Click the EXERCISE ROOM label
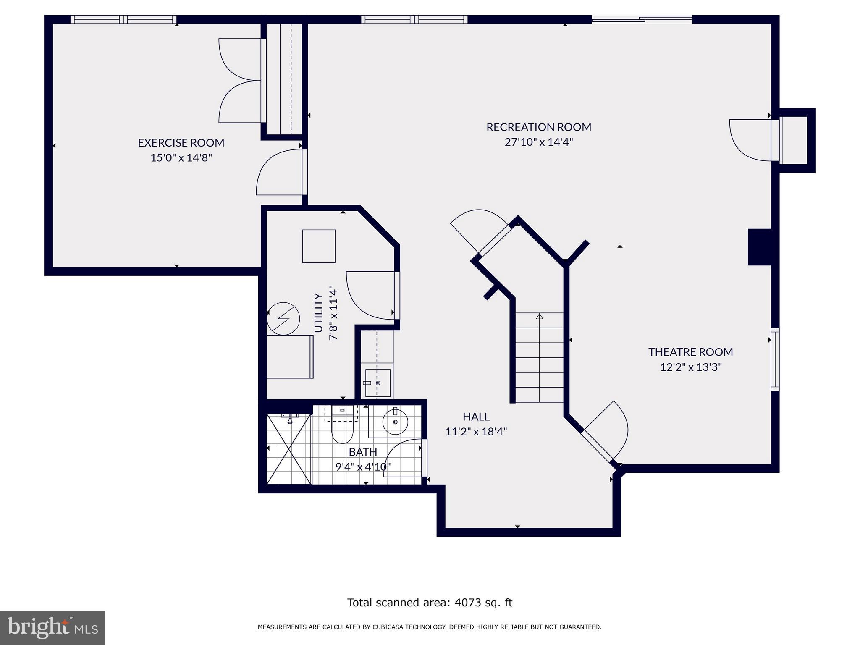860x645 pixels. click(181, 143)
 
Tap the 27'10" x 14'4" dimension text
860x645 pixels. click(538, 142)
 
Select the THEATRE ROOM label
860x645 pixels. click(690, 352)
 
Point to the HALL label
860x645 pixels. click(476, 417)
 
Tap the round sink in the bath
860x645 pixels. click(395, 422)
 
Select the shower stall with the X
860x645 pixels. click(289, 448)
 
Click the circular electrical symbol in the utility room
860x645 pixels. click(283, 318)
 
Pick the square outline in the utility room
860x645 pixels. click(319, 246)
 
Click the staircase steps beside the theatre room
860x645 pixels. click(539, 357)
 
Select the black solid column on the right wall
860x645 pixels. click(759, 247)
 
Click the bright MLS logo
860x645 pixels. click(52, 627)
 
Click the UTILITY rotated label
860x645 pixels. click(319, 313)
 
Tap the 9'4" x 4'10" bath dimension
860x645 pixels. click(363, 467)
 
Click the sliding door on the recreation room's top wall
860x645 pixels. click(642, 18)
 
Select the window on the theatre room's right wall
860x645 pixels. click(775, 359)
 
